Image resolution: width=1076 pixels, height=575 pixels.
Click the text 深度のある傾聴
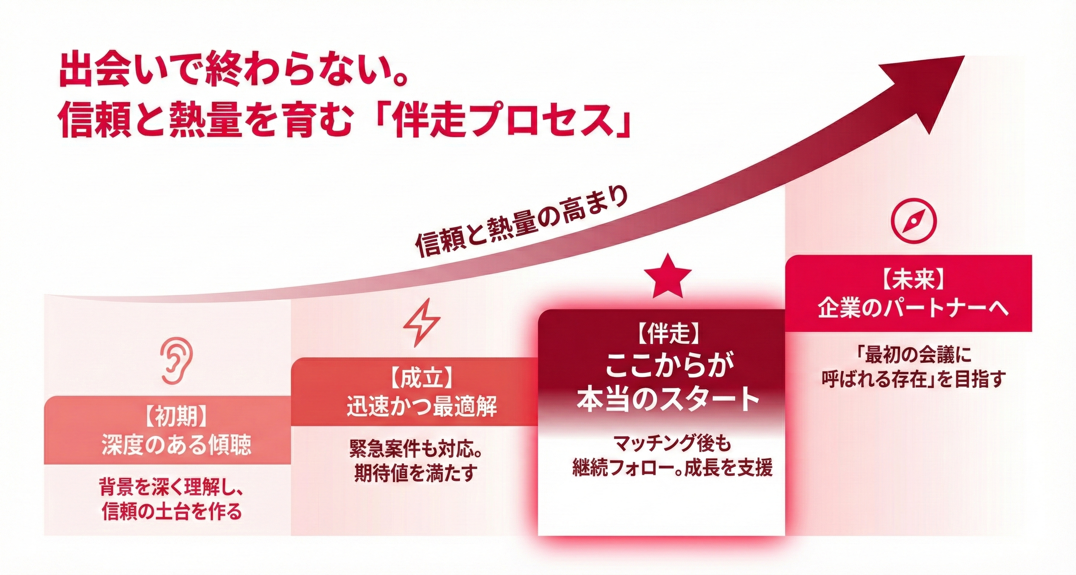click(176, 445)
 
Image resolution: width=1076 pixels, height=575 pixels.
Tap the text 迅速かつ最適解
click(422, 406)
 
